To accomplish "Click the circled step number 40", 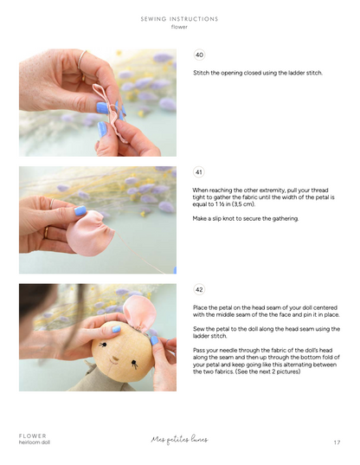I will [x=200, y=55].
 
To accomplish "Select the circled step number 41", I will [x=200, y=171].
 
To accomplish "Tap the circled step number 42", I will [x=200, y=289].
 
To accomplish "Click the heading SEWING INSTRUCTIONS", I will [x=179, y=18].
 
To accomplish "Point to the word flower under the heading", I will [x=179, y=27].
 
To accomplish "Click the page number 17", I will [x=337, y=442].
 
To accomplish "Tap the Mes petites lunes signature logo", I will [x=179, y=439].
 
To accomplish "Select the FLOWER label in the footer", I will [x=33, y=436].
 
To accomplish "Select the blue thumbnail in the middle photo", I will [x=80, y=211].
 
